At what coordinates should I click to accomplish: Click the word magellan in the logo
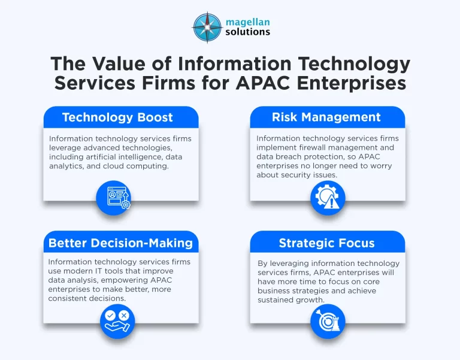click(x=248, y=22)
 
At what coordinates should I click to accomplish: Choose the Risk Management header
click(x=327, y=117)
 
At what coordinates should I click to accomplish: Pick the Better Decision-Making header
click(x=120, y=243)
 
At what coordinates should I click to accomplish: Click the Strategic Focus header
click(x=327, y=243)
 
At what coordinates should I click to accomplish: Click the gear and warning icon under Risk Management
click(x=328, y=198)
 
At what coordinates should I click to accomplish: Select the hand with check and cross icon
click(x=117, y=322)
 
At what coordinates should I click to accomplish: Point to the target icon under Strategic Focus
click(x=328, y=322)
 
